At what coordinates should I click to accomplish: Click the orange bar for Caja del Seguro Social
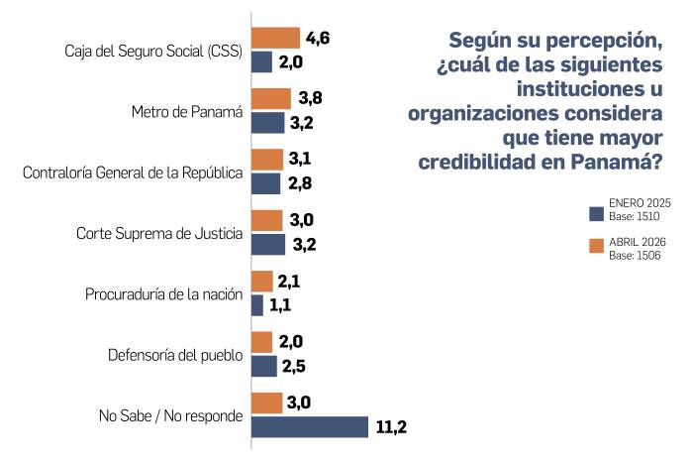point(275,39)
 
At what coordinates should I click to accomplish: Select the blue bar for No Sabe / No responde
point(309,427)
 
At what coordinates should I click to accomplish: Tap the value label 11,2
point(392,427)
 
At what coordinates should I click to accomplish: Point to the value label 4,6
point(318,39)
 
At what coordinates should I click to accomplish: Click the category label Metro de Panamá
point(187,111)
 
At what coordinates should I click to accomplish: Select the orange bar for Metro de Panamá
point(271,99)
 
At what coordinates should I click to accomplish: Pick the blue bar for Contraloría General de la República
point(266,183)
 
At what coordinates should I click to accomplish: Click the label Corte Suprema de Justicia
point(159,233)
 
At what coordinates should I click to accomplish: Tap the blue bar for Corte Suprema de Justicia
point(268,244)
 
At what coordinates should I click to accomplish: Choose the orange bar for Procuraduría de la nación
point(262,282)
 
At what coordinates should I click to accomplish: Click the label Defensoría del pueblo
point(174,355)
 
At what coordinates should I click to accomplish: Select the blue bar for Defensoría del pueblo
point(264,366)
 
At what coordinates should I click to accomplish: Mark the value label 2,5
point(294,366)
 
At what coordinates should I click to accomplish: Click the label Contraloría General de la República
point(133,173)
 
